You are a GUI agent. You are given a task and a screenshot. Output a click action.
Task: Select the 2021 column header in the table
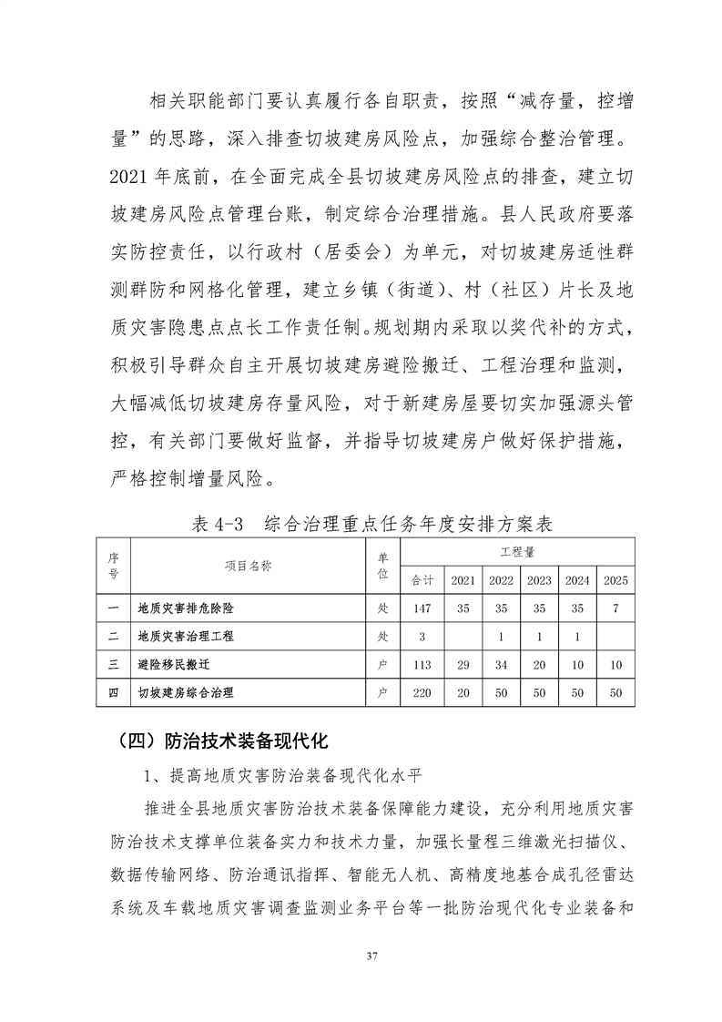[x=463, y=580]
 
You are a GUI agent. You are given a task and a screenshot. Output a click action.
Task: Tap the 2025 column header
[x=615, y=580]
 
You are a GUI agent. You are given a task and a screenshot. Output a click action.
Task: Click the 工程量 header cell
[x=517, y=553]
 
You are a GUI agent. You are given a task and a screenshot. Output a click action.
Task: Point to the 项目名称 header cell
[x=248, y=566]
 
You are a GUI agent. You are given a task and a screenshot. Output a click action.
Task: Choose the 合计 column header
[x=422, y=580]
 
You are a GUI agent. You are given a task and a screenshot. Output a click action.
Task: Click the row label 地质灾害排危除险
[x=191, y=607]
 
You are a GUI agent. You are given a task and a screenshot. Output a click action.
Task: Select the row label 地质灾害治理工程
[x=191, y=636]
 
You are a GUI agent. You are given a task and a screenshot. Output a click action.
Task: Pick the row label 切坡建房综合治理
[x=185, y=694]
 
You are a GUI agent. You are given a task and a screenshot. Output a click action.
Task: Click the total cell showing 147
[x=422, y=607]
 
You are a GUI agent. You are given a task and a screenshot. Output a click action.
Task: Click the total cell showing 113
[x=422, y=665]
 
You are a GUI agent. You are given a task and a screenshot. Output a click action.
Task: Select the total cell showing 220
[x=422, y=694]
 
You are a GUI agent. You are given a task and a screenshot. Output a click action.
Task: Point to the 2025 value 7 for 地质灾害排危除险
[x=615, y=607]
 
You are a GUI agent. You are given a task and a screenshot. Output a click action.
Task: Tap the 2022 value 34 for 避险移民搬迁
[x=501, y=665]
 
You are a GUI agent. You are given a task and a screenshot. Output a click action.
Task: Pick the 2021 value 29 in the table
[x=463, y=665]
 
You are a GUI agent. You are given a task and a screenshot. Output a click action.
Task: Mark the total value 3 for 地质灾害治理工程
[x=422, y=636]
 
